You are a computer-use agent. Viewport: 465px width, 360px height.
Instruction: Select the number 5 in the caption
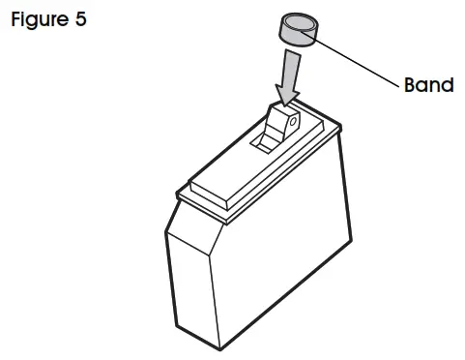[x=78, y=19]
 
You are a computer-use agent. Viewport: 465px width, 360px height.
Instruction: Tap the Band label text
[x=428, y=85]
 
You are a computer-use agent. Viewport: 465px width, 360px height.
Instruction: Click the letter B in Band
[x=410, y=85]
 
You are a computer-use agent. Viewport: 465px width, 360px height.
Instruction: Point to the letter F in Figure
[x=16, y=19]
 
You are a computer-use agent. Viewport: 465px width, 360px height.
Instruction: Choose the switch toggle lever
[x=282, y=124]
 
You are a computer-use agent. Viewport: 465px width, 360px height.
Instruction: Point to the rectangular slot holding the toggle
[x=264, y=142]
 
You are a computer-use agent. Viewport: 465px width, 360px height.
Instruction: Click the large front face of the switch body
[x=261, y=281]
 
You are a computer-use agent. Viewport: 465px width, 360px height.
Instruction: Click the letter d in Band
[x=447, y=85]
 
